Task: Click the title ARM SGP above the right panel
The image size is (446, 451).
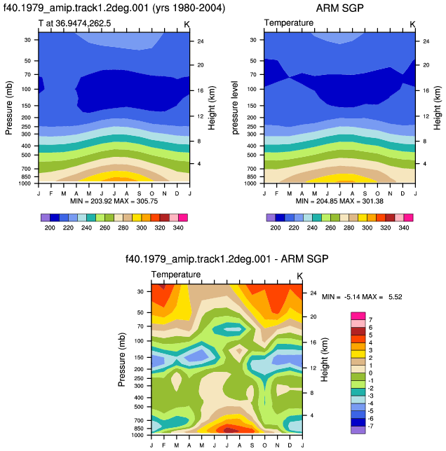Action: pos(339,8)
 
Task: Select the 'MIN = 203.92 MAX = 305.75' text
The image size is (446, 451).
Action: pos(114,201)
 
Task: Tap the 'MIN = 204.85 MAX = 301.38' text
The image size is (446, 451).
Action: pos(339,201)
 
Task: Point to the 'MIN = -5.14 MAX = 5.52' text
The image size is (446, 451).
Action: pos(362,296)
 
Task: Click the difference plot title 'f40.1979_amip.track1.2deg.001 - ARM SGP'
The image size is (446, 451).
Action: pos(227,259)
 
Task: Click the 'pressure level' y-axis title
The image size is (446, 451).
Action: pos(235,108)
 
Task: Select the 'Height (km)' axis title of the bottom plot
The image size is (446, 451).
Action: pos(325,359)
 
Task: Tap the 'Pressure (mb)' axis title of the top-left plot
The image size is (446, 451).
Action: pos(8,108)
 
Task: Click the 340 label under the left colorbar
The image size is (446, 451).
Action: pos(178,228)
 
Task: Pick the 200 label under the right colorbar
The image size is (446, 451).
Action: pos(276,228)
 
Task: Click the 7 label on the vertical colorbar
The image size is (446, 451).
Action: pos(370,320)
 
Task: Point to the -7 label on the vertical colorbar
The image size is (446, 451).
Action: pos(370,426)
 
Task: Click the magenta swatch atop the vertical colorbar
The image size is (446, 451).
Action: pos(358,316)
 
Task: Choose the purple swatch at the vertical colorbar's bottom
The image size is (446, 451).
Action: pos(358,430)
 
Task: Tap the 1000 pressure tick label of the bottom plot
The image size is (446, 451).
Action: pos(137,435)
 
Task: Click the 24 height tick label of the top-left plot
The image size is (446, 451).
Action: pos(201,41)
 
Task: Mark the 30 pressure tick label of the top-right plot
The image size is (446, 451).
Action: pos(252,40)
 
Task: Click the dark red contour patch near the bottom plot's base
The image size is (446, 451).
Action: pos(228,430)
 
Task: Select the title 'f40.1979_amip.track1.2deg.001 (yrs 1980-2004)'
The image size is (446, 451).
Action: pos(114,8)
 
